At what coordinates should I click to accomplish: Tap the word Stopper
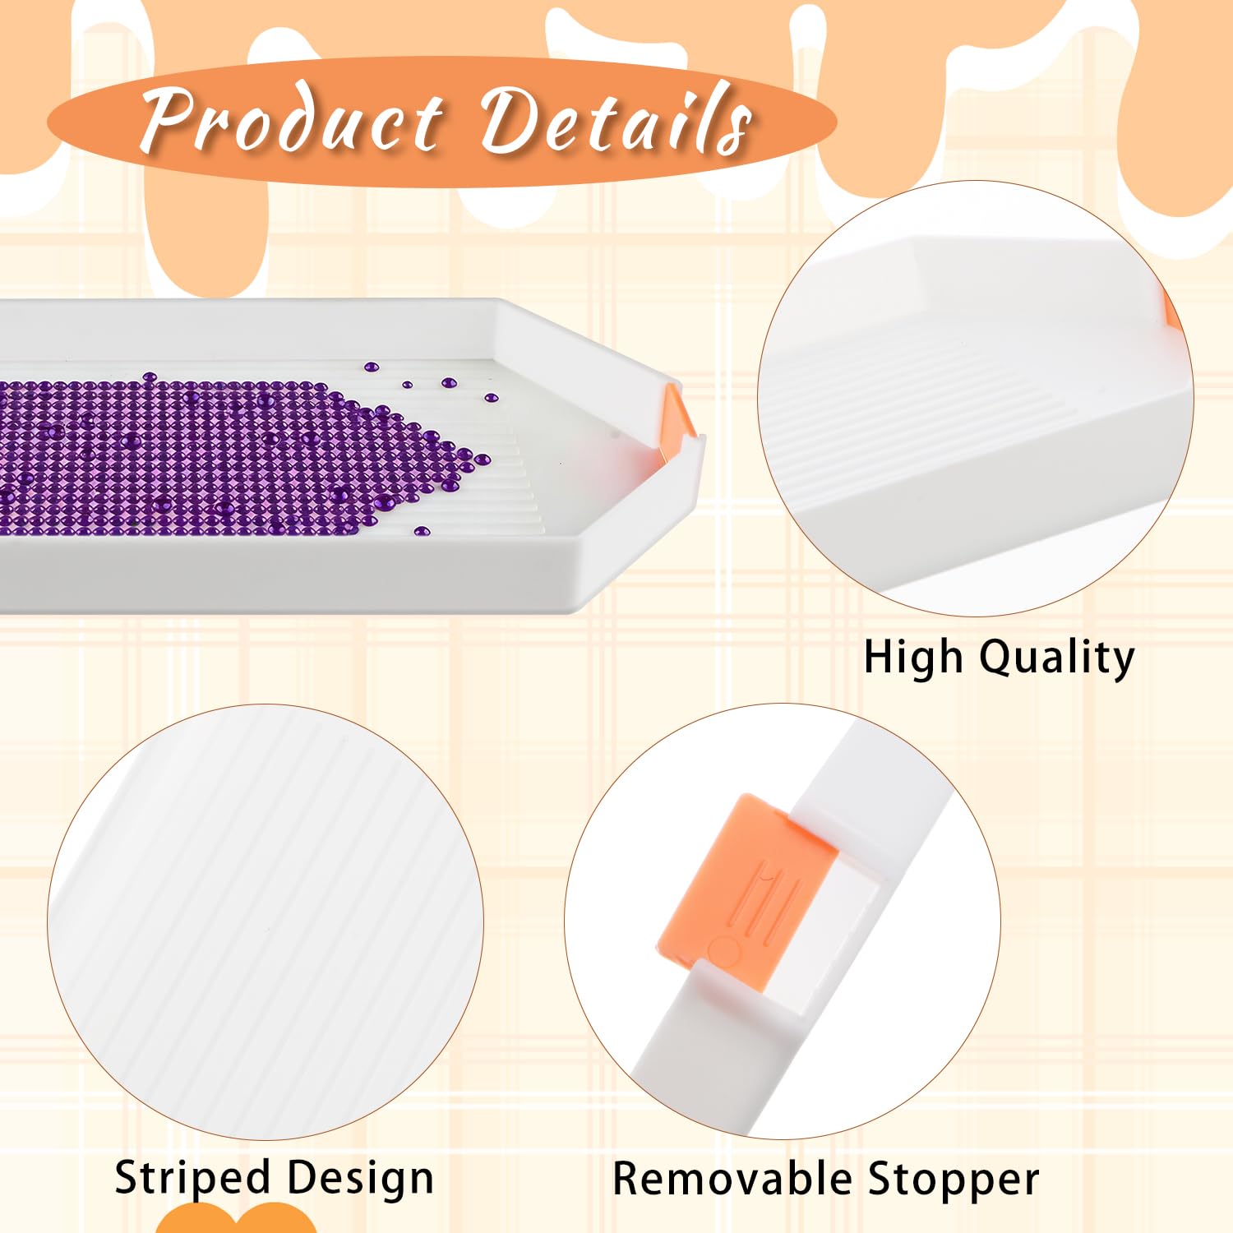click(x=954, y=1181)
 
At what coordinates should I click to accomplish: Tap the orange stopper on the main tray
click(x=677, y=419)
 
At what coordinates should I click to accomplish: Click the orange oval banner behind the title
click(x=441, y=122)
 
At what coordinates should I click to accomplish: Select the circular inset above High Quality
click(x=975, y=398)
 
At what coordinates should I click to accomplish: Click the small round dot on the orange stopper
click(x=723, y=950)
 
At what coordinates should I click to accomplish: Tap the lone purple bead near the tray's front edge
click(x=422, y=531)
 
